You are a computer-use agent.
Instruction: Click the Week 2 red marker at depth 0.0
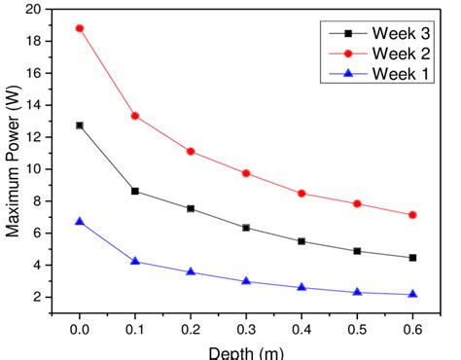pos(80,28)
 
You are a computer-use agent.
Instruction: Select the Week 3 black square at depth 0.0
pos(80,126)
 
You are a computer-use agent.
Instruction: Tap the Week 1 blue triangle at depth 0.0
pos(80,222)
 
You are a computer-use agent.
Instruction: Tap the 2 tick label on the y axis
pos(45,297)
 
